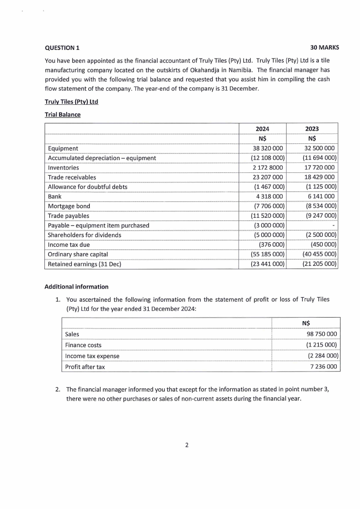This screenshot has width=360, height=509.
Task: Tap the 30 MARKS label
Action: click(325, 48)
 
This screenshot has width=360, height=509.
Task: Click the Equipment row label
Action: click(63, 148)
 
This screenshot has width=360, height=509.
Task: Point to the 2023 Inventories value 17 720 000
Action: click(320, 167)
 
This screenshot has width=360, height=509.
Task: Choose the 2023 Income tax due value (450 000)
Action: click(323, 245)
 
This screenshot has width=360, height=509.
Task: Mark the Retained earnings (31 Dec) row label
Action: click(84, 264)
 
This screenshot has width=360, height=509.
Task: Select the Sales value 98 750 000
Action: click(321, 334)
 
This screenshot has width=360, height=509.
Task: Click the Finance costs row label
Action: click(83, 345)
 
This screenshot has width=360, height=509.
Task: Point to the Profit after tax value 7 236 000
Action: click(323, 367)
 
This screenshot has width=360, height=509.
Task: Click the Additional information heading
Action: click(77, 287)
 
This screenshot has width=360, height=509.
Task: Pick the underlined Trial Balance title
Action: click(63, 115)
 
